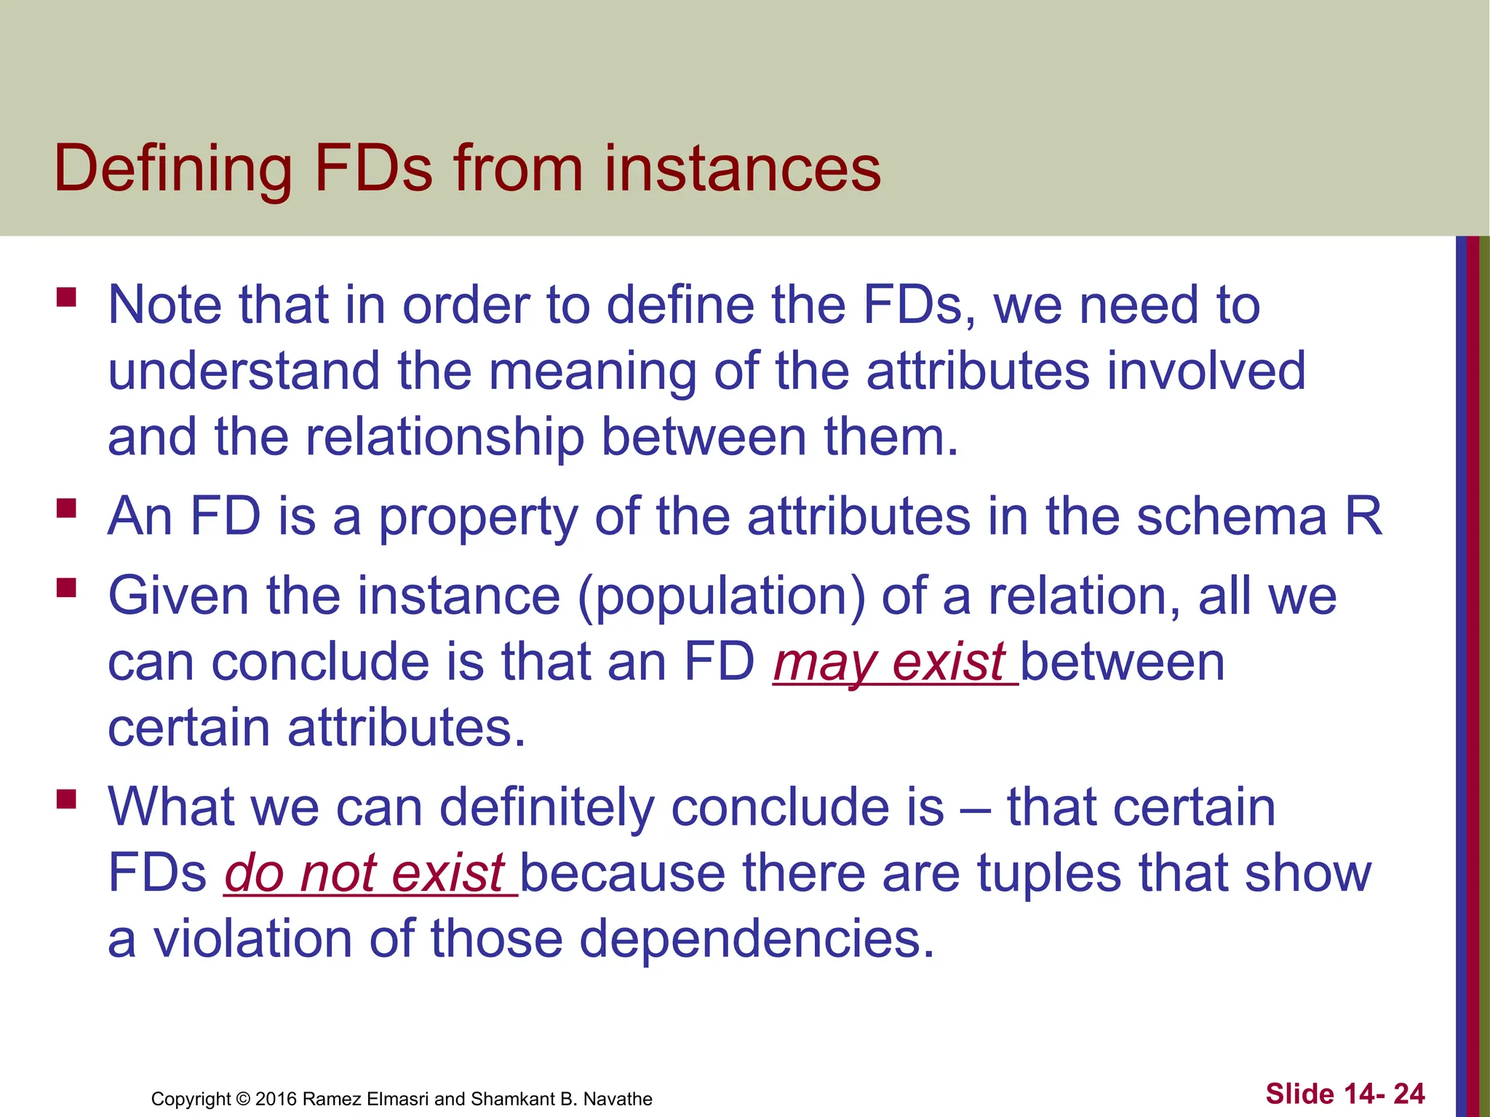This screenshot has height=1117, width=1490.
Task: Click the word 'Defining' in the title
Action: (x=172, y=169)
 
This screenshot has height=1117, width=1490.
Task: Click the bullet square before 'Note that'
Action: (x=66, y=297)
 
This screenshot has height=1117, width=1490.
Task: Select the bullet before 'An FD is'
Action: (x=66, y=508)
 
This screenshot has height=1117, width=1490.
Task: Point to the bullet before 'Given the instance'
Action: (x=66, y=588)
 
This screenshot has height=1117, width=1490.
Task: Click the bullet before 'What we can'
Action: (x=66, y=799)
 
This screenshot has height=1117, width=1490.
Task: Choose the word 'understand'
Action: (x=244, y=372)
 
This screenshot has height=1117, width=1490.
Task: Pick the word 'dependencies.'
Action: (x=756, y=939)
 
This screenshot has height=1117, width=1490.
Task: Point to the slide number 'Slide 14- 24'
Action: (x=1344, y=1094)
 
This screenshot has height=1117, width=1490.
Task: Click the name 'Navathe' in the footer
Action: (x=618, y=1099)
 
